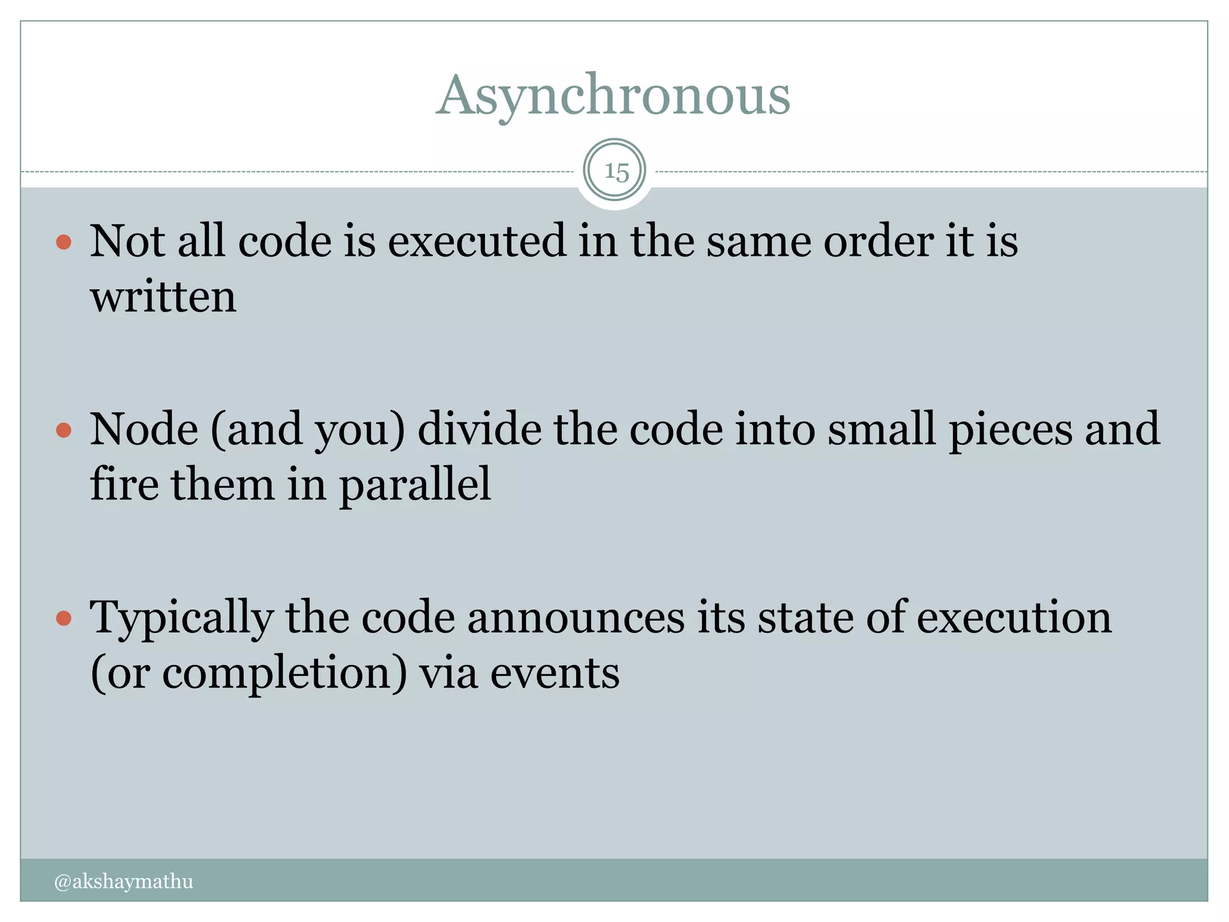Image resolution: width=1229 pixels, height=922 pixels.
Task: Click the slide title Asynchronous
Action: click(x=613, y=96)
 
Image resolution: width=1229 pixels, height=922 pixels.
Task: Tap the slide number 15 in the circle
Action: click(x=616, y=172)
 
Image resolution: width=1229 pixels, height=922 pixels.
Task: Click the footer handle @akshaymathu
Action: click(x=124, y=881)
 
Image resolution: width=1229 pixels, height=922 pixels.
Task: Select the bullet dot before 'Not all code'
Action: click(x=64, y=243)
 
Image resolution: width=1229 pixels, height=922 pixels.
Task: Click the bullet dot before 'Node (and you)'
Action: click(x=64, y=430)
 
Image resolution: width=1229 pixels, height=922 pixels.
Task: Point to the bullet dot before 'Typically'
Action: click(x=64, y=619)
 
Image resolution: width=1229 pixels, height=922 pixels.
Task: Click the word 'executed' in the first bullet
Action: click(x=476, y=241)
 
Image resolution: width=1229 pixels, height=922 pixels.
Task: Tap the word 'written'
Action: click(x=163, y=297)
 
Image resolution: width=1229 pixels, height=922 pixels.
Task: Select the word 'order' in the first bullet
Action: click(x=877, y=241)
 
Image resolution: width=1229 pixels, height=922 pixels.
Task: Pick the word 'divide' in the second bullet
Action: click(x=479, y=430)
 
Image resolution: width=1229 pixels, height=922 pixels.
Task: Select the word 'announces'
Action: click(x=575, y=618)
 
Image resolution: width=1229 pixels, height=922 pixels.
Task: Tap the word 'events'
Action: click(x=554, y=673)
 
